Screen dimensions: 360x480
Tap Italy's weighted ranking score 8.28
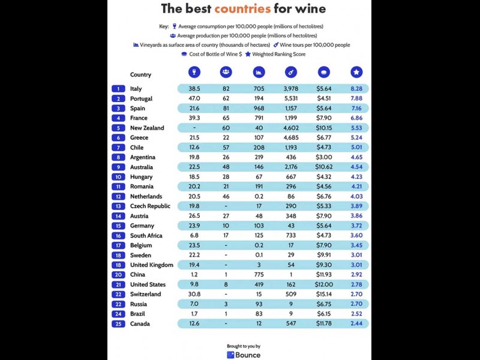point(356,89)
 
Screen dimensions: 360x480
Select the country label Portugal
point(141,98)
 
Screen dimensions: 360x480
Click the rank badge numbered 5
point(118,128)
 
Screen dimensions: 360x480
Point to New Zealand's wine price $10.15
point(323,128)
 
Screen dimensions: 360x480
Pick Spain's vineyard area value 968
point(259,108)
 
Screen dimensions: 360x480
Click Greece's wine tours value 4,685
point(291,137)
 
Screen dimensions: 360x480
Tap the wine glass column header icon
point(194,72)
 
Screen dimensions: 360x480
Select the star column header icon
point(356,72)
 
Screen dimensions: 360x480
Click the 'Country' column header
point(140,75)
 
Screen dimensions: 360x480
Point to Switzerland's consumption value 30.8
point(194,294)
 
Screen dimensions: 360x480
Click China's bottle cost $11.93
point(323,274)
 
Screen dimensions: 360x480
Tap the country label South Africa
point(146,235)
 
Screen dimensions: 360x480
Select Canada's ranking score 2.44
point(356,323)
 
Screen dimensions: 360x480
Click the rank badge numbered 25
point(118,323)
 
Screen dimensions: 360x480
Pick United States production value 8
point(226,284)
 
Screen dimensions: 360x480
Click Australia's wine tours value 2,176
point(291,167)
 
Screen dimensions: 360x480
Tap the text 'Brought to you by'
point(244,346)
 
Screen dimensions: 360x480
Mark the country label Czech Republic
point(150,206)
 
